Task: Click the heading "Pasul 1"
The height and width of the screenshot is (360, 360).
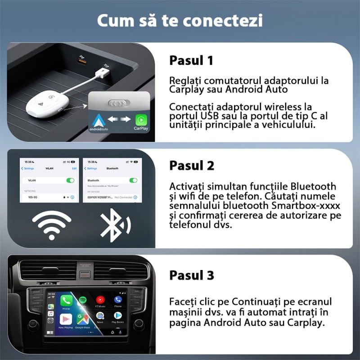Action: tap(191, 60)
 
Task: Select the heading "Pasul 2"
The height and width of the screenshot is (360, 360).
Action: tap(191, 165)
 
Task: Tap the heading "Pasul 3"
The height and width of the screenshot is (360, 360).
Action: tap(191, 274)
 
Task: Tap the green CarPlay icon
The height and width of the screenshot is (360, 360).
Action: tap(141, 119)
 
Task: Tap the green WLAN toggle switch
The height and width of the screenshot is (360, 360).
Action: tap(70, 180)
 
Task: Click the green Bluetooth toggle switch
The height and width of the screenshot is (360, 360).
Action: tap(133, 180)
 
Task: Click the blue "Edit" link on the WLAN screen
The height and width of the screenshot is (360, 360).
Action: tap(74, 168)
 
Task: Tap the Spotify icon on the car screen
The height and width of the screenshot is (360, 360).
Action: tap(83, 300)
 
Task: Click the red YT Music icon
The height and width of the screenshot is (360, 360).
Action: tap(100, 300)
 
